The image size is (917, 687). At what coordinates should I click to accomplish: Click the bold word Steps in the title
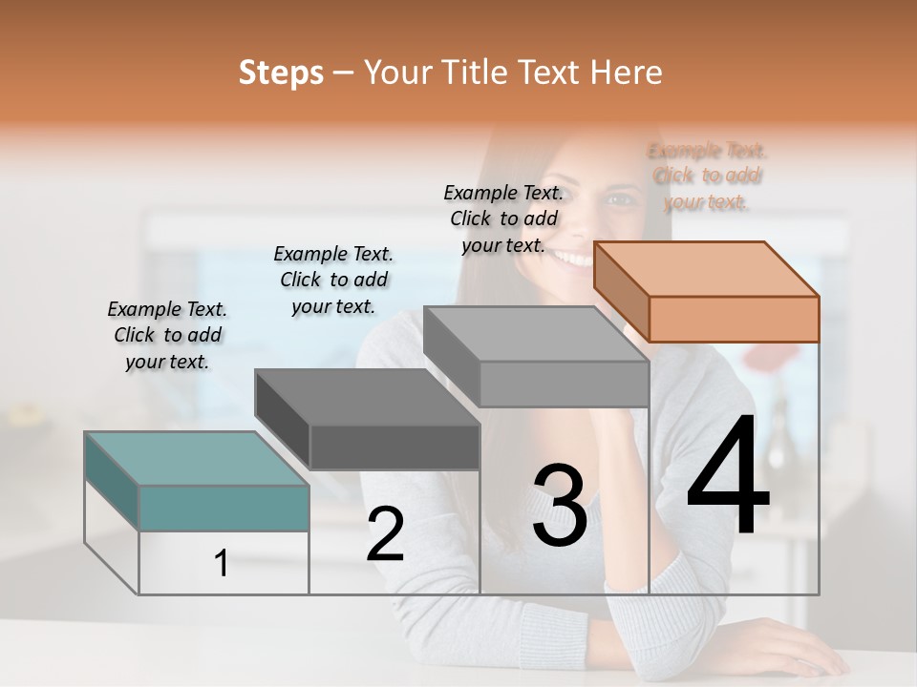tap(281, 73)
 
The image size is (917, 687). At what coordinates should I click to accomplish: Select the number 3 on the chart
tap(560, 506)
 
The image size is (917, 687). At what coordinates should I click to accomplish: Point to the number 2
tap(385, 535)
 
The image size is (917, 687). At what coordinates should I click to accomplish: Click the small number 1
tap(222, 564)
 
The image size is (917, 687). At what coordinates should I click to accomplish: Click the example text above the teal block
tap(167, 335)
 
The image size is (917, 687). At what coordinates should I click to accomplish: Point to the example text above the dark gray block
tap(333, 280)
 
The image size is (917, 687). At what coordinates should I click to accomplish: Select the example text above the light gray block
tap(503, 219)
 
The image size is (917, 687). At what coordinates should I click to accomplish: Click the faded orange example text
tap(707, 176)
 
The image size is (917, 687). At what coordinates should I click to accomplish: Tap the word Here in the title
tap(627, 73)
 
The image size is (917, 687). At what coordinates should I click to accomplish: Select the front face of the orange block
tap(734, 319)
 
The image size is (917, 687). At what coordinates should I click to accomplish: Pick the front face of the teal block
tap(224, 508)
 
